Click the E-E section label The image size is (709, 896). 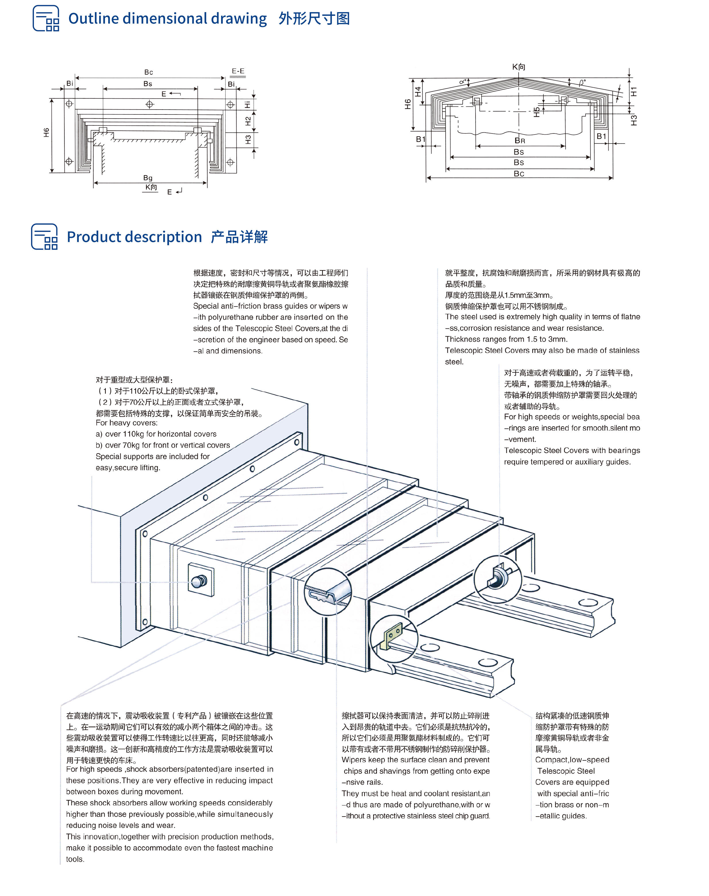(x=238, y=71)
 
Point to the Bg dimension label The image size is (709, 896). (x=148, y=178)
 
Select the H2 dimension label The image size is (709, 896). (x=248, y=121)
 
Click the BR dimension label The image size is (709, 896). (x=520, y=141)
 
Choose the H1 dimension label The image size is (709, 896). (x=633, y=91)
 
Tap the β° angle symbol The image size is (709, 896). (x=582, y=83)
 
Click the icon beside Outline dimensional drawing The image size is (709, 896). (x=46, y=18)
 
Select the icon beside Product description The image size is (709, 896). (x=44, y=237)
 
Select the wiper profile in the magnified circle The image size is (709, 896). (x=328, y=591)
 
